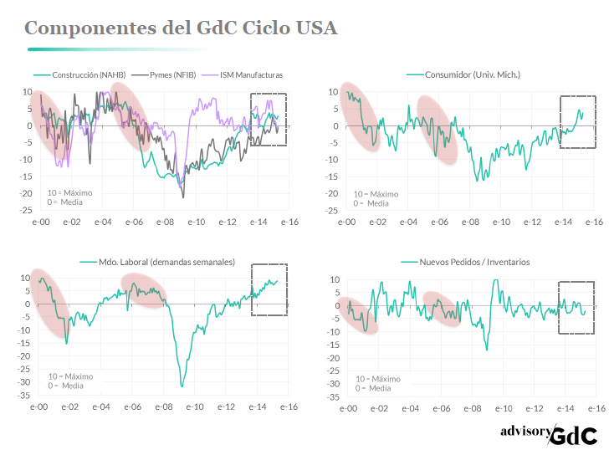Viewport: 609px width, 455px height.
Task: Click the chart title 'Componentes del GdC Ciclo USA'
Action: [x=181, y=28]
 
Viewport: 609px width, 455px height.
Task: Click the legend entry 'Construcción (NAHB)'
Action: [x=88, y=75]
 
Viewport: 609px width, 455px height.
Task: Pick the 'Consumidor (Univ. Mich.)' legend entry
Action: [x=473, y=75]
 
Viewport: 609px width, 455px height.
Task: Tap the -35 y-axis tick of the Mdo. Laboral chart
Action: [x=25, y=395]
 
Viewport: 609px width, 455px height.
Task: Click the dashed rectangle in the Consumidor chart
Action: [x=576, y=122]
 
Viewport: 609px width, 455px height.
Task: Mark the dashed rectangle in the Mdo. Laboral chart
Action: [x=269, y=290]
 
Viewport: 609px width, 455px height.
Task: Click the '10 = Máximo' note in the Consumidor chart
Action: [x=376, y=193]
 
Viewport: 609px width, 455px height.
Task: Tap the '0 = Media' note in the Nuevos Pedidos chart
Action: [x=373, y=387]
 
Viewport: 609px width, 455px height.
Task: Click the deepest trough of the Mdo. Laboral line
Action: [x=182, y=386]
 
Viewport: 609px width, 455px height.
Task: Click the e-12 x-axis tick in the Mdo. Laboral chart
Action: [x=226, y=408]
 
